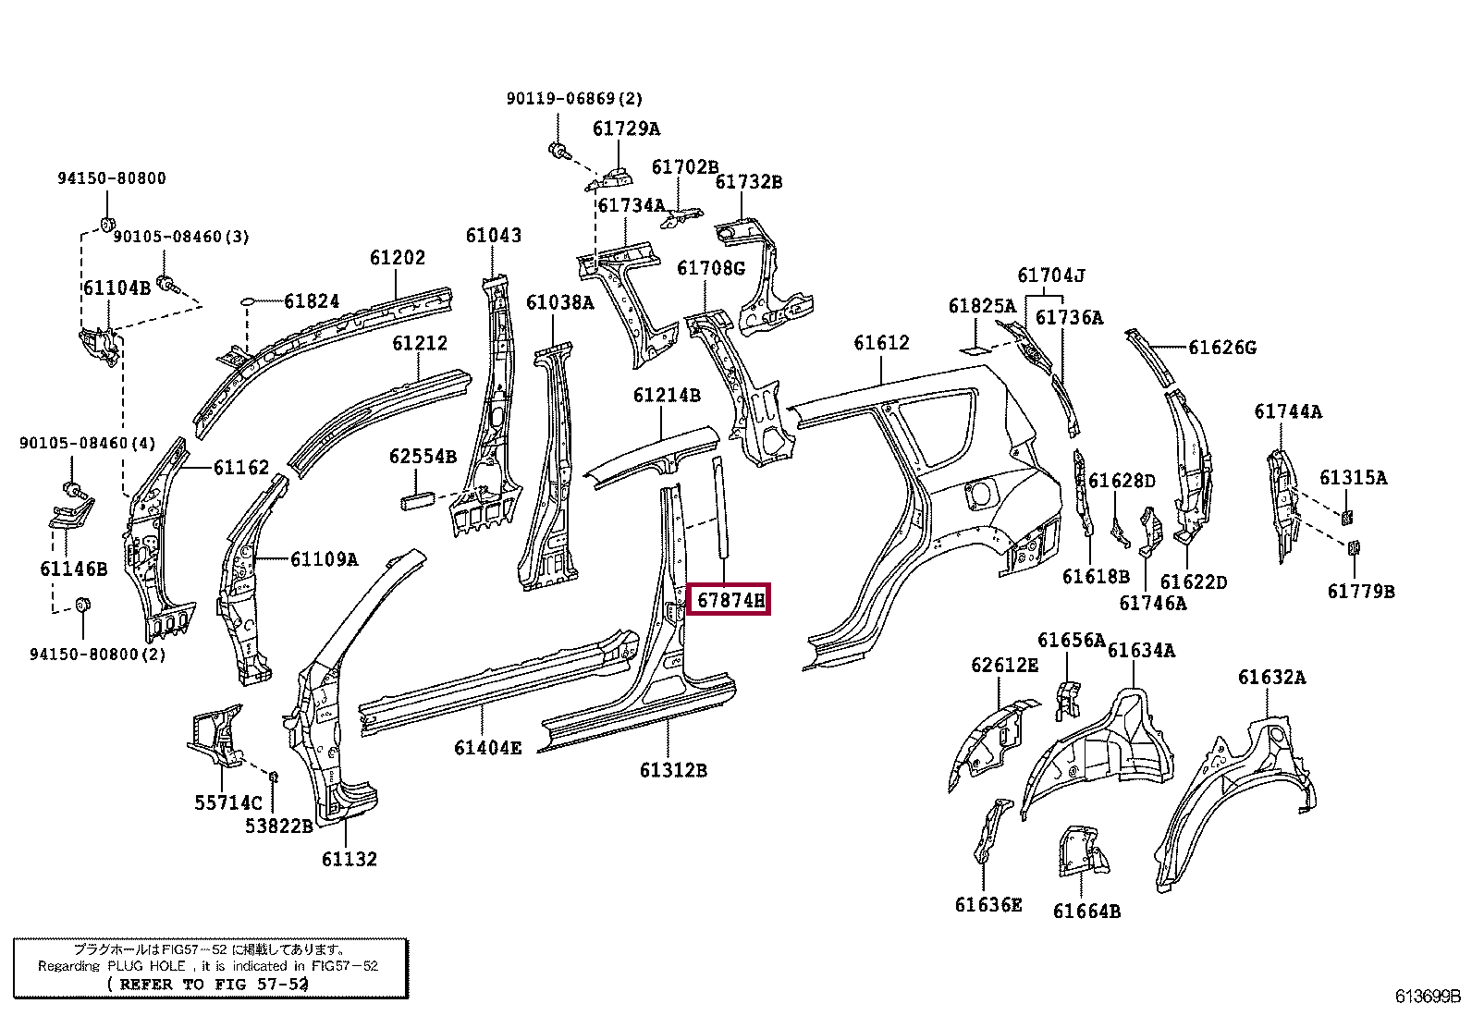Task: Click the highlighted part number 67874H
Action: (730, 601)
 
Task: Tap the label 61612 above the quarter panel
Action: (881, 343)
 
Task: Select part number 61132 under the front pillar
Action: (350, 860)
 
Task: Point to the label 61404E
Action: (487, 747)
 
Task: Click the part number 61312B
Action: (673, 769)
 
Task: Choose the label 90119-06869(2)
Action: (573, 98)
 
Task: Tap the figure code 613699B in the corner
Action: (1428, 997)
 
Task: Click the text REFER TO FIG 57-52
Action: (208, 984)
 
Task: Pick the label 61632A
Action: (1271, 678)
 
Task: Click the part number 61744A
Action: (1288, 411)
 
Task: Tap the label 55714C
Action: (227, 803)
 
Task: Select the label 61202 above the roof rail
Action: (398, 258)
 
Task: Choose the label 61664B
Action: (1086, 912)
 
